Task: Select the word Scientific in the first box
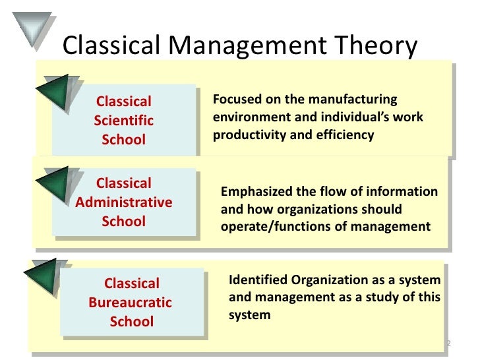tap(124, 121)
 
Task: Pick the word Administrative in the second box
tap(125, 202)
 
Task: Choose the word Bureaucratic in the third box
tap(130, 303)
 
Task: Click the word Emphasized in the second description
tap(255, 192)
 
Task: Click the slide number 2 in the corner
tap(448, 344)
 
